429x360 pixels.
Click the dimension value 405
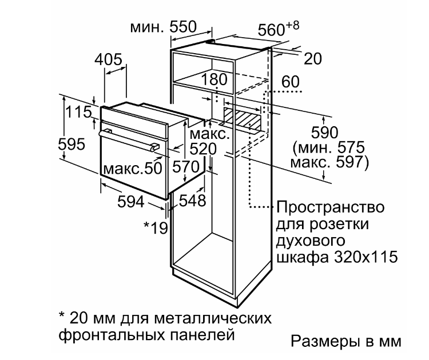[x=108, y=59]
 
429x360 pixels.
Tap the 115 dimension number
[x=79, y=112]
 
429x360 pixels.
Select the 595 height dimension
[x=71, y=144]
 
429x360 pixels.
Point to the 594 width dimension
[x=131, y=202]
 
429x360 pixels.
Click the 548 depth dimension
[x=192, y=201]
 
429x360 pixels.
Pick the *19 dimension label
[x=156, y=227]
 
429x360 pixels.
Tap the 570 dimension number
[x=186, y=166]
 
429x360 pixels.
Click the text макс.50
[x=133, y=169]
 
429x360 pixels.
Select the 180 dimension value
[x=214, y=79]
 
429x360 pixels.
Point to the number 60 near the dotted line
[x=291, y=82]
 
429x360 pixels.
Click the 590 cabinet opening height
[x=325, y=133]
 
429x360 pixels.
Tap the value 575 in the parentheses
[x=351, y=147]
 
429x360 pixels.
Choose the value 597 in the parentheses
[x=349, y=162]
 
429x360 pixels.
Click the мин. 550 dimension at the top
[x=164, y=27]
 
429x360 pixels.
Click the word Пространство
[x=331, y=207]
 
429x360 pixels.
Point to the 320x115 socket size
[x=366, y=257]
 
